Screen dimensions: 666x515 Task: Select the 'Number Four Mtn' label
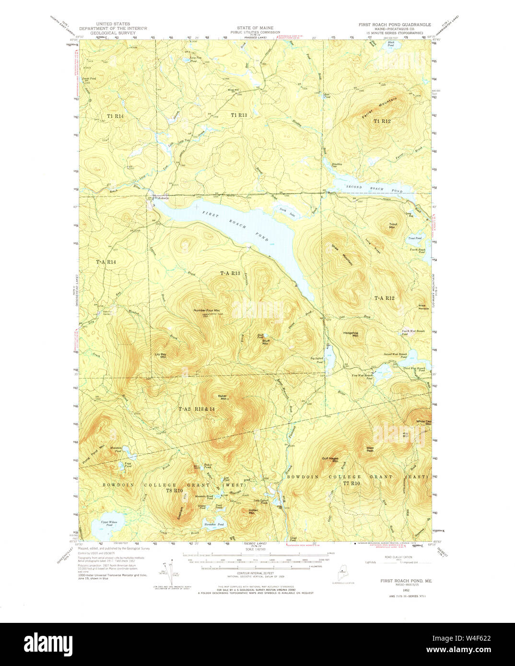(x=207, y=310)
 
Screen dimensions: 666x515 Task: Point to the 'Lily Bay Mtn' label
(x=160, y=356)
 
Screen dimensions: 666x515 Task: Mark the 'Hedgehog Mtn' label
(x=351, y=334)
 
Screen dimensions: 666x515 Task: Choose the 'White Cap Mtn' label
(x=423, y=423)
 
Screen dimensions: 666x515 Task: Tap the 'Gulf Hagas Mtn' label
(x=330, y=459)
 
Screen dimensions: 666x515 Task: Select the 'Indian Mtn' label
(x=253, y=511)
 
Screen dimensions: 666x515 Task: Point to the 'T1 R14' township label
(x=115, y=116)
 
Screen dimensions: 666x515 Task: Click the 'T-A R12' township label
(x=384, y=298)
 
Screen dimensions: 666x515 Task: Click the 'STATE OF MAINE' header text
(x=255, y=28)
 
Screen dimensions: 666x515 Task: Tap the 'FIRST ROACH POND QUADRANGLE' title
(x=394, y=24)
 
